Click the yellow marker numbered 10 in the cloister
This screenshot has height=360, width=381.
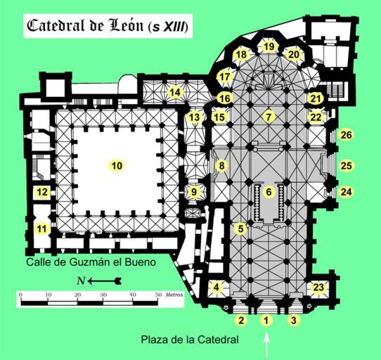(117, 166)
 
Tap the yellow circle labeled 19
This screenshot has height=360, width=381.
(269, 46)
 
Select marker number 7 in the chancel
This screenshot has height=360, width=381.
(269, 117)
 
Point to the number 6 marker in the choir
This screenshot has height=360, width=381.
(269, 192)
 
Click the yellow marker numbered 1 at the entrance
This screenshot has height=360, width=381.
(266, 321)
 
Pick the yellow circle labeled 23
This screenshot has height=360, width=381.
(318, 288)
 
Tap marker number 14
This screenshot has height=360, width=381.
(175, 92)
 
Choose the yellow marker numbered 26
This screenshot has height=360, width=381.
(347, 135)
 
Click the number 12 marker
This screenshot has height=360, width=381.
(42, 192)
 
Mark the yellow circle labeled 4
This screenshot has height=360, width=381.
(217, 288)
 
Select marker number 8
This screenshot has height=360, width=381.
(221, 166)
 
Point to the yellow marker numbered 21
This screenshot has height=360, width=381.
(316, 98)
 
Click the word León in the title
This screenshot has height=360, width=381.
(127, 25)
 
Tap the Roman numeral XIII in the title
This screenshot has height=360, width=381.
(172, 27)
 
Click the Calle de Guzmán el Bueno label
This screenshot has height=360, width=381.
(91, 262)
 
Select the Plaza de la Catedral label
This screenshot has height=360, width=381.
(190, 340)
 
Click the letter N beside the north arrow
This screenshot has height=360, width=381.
(81, 281)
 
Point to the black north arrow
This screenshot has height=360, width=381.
(105, 281)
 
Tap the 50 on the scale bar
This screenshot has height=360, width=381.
(158, 295)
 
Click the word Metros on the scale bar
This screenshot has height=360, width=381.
(174, 295)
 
